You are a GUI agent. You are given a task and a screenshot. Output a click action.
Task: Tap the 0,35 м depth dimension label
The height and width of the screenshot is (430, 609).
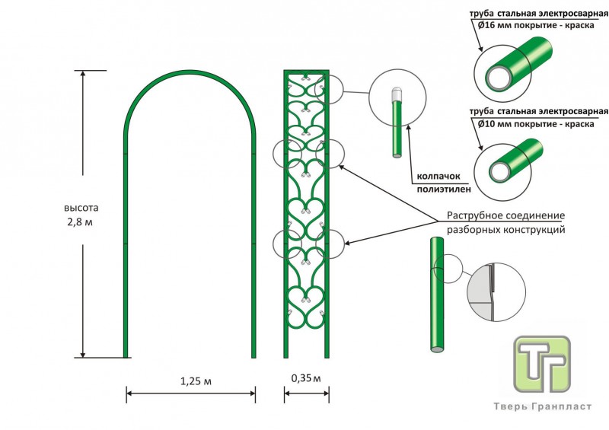click(x=306, y=377)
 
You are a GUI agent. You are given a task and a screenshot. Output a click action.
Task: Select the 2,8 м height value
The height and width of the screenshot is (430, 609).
click(x=81, y=221)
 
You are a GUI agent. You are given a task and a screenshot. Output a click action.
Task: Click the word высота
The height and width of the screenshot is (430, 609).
click(x=81, y=207)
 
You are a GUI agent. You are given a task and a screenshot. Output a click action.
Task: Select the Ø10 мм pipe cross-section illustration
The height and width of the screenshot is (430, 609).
click(x=507, y=162)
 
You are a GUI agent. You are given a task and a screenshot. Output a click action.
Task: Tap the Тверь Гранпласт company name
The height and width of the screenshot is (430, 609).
click(x=543, y=406)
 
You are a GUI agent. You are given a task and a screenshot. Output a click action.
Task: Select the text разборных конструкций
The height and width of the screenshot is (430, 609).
click(x=505, y=228)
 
